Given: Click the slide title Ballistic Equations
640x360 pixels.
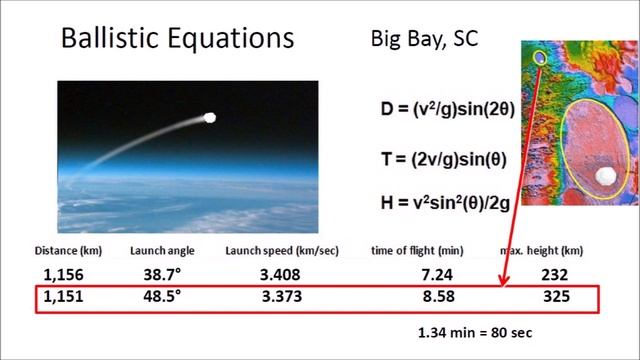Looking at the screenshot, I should (x=177, y=38).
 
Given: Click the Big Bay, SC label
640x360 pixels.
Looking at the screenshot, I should (x=424, y=40).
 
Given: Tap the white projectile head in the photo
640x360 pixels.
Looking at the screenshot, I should (x=210, y=118).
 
